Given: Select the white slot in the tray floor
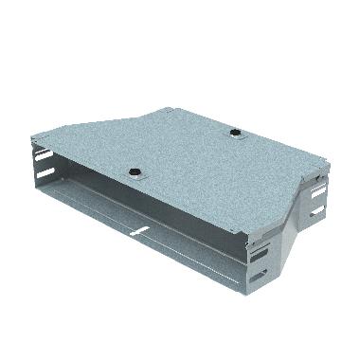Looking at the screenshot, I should click(x=138, y=231).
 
